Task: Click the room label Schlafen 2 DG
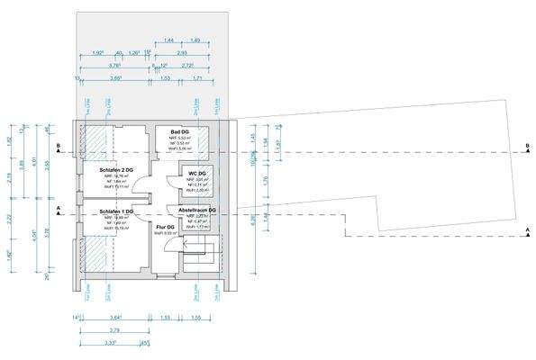tap(109, 168)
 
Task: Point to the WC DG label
tap(198, 172)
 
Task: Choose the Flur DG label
tap(164, 227)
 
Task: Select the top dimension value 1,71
tap(197, 78)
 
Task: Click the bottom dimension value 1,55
tap(195, 317)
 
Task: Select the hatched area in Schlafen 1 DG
tap(96, 256)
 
